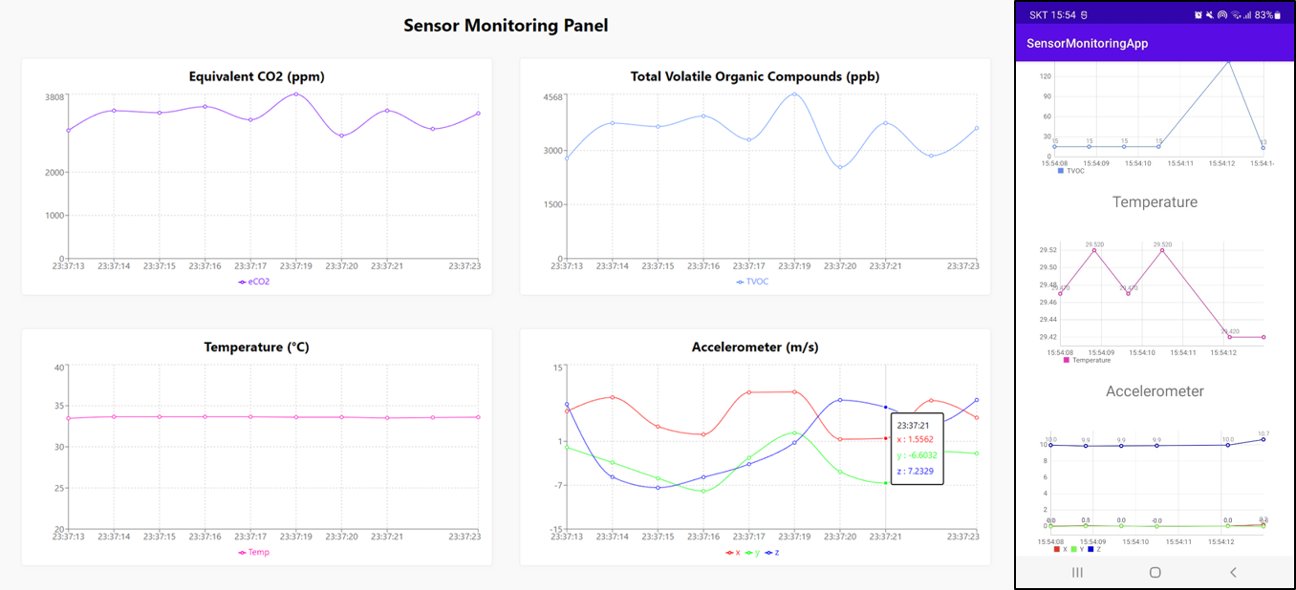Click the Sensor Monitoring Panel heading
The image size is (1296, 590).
506,26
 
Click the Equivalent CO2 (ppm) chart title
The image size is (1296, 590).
256,76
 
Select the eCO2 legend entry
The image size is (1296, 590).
254,282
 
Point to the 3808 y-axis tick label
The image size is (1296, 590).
54,97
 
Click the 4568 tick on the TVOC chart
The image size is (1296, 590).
552,97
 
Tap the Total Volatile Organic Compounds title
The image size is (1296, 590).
754,76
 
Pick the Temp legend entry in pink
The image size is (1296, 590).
254,552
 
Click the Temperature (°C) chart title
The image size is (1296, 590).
256,347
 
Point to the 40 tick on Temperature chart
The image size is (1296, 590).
59,368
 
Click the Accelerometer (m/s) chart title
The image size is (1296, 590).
754,347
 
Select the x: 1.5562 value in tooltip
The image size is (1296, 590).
915,439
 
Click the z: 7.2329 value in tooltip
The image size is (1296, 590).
915,472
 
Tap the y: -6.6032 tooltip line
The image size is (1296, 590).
917,455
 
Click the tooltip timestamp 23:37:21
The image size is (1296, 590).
913,425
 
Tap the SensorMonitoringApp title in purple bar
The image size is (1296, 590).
1087,43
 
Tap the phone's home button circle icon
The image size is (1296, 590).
1155,572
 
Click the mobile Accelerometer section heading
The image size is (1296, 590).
1155,391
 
